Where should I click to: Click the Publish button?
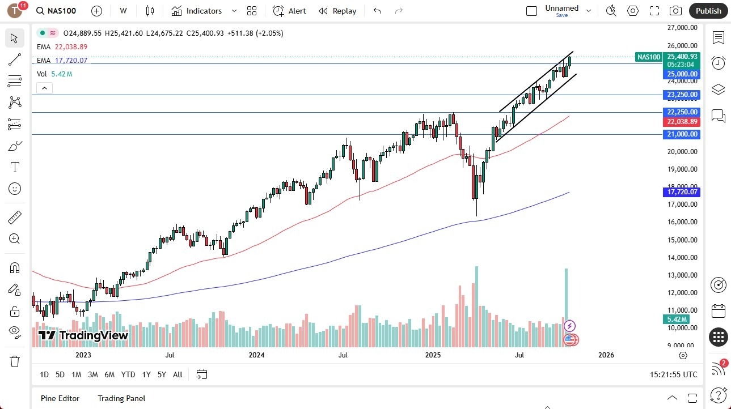click(708, 11)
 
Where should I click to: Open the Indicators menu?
click(197, 11)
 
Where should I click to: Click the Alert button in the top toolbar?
click(289, 11)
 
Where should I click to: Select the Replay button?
click(337, 11)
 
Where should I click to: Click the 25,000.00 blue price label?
click(683, 74)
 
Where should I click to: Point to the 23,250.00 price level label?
click(683, 95)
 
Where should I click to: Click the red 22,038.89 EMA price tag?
click(683, 122)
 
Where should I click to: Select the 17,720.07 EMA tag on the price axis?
click(683, 192)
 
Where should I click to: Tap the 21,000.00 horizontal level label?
click(683, 134)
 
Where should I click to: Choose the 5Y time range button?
click(162, 374)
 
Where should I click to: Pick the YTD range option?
click(128, 374)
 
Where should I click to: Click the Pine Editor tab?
click(60, 398)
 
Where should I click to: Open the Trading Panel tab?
click(121, 398)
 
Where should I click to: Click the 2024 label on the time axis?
click(256, 355)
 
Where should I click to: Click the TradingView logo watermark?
click(83, 335)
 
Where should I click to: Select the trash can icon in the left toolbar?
click(15, 361)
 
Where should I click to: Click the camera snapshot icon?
click(675, 11)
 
